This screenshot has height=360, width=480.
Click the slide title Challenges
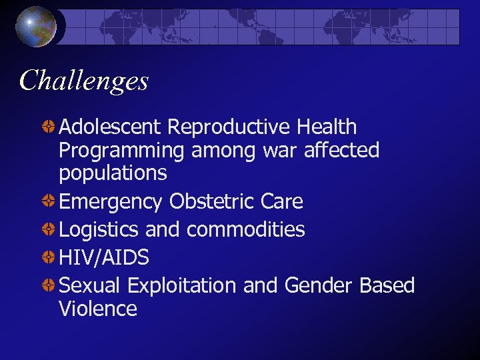(84, 81)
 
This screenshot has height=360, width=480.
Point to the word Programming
(121, 151)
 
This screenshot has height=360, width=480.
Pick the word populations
(113, 173)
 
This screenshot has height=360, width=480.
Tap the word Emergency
(111, 201)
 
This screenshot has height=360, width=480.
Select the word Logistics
(99, 230)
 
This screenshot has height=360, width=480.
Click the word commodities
(245, 229)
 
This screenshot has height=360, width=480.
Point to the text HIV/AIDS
(104, 257)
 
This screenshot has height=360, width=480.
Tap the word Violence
(98, 309)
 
